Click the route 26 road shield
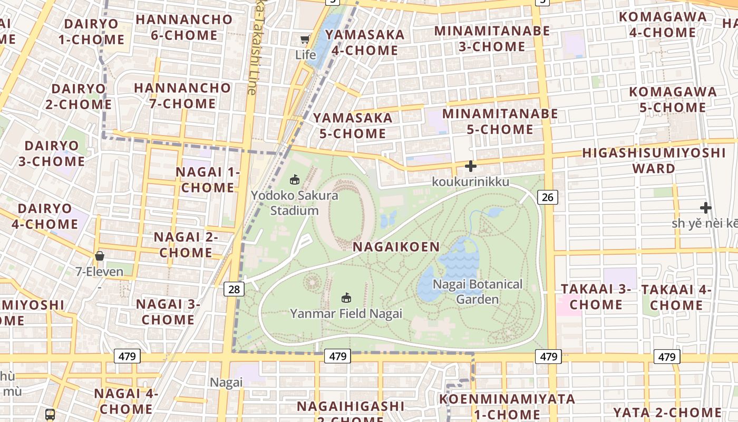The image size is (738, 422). click(548, 197)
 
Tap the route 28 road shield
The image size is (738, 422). click(234, 289)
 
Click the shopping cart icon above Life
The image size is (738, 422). click(305, 40)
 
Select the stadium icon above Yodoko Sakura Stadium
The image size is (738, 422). click(294, 180)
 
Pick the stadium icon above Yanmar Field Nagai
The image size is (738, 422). click(346, 298)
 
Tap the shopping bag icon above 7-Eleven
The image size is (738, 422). click(99, 256)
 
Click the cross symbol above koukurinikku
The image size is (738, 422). click(470, 167)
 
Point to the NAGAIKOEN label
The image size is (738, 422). click(396, 247)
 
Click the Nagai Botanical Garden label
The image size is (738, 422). click(478, 292)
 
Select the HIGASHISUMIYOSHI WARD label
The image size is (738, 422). click(654, 160)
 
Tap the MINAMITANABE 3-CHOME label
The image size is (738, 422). click(492, 39)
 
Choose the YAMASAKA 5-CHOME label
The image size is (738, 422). click(353, 126)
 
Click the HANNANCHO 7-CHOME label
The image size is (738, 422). click(182, 95)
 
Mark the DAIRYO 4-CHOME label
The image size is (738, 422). click(45, 216)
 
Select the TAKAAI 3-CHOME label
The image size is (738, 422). click(596, 296)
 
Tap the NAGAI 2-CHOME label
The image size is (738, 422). click(186, 245)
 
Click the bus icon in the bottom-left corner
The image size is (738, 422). click(50, 415)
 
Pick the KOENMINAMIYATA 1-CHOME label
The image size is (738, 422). click(507, 406)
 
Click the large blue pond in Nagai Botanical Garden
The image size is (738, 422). click(459, 261)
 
